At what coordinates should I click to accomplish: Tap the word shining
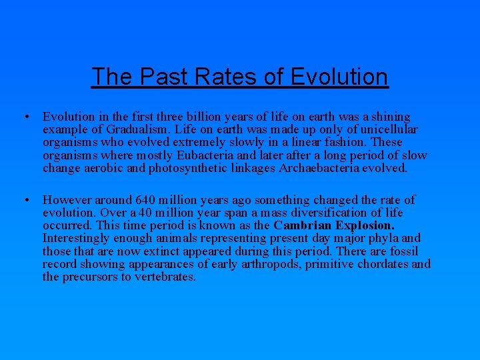point(391,117)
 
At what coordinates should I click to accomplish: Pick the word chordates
point(383,264)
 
